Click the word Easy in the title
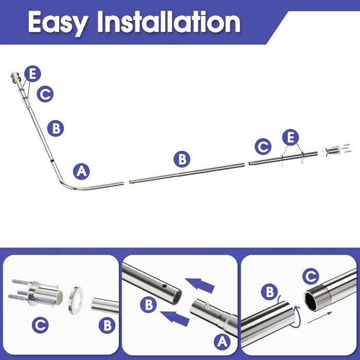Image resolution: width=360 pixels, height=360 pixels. [x=58, y=23]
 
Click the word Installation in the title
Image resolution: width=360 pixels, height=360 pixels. [x=169, y=22]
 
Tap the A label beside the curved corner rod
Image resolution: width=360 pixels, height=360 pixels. [x=81, y=171]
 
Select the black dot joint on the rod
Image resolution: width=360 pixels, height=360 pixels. [x=52, y=161]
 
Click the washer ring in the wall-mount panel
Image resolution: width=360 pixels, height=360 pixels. [x=76, y=300]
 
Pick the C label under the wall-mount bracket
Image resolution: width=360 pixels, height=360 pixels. [x=40, y=325]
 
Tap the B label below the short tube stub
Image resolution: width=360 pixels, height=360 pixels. [x=107, y=325]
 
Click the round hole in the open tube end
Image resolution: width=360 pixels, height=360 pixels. [x=164, y=286]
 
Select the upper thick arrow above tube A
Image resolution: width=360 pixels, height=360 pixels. [x=200, y=285]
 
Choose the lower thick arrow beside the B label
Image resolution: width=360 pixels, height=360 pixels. [x=175, y=318]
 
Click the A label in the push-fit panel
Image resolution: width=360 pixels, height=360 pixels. [x=222, y=341]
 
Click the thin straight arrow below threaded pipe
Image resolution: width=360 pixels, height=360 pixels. [x=320, y=317]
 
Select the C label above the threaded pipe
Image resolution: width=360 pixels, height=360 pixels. [x=311, y=276]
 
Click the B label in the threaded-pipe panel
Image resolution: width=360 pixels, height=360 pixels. [x=269, y=292]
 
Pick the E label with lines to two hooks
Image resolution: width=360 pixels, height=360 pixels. [x=291, y=137]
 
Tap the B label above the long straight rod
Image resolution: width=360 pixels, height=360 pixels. [x=182, y=159]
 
